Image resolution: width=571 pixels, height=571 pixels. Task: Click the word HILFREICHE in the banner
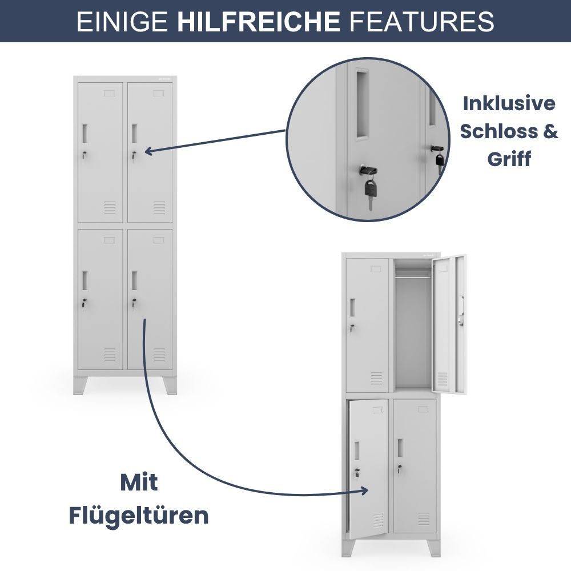tap(259, 21)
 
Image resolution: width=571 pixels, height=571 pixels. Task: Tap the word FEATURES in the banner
tap(422, 21)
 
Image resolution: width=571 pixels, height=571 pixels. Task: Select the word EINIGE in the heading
tap(122, 21)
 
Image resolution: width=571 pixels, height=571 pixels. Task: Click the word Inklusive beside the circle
tap(509, 103)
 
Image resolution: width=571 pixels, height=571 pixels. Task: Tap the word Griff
tap(509, 159)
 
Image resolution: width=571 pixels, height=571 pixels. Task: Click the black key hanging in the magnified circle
tap(370, 191)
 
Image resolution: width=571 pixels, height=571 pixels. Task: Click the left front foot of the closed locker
tap(81, 385)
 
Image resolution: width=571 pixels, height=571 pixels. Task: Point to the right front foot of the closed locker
tap(170, 385)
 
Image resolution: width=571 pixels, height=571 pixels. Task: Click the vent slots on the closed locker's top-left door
tap(110, 208)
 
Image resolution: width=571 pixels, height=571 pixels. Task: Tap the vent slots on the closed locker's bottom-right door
tap(159, 355)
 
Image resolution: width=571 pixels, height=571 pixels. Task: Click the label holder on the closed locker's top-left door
tap(109, 94)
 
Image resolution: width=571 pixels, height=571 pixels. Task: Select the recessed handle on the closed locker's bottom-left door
tap(85, 280)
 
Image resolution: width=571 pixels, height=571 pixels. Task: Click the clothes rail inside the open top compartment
tap(413, 277)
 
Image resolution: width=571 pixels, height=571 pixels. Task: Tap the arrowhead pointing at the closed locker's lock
tap(148, 151)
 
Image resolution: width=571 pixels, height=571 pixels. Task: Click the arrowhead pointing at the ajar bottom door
tap(364, 490)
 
